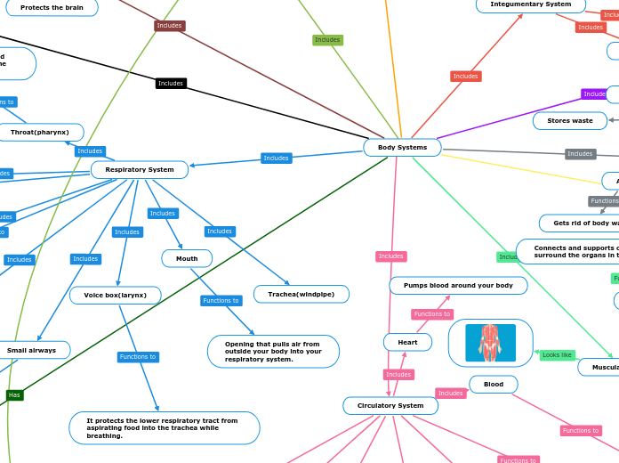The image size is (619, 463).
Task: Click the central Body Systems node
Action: [x=402, y=147]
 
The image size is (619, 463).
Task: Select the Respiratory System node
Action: [x=140, y=169]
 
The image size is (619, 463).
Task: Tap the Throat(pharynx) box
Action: [x=40, y=133]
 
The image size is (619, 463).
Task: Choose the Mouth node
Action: [x=187, y=258]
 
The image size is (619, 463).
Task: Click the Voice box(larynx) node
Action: [x=116, y=295]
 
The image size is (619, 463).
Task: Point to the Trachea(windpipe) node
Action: [x=301, y=294]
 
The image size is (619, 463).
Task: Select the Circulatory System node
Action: [x=390, y=405]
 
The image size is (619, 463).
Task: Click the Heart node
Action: [x=407, y=342]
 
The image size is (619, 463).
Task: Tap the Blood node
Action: [x=493, y=384]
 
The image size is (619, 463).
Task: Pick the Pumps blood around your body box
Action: [x=458, y=285]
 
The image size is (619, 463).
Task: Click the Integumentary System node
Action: [x=531, y=4]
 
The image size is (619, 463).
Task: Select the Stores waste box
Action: [x=570, y=120]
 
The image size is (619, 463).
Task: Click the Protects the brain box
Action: [x=51, y=7]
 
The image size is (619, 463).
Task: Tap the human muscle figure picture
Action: [x=490, y=343]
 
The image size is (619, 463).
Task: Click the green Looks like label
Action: [x=557, y=355]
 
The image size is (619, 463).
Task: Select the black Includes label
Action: [x=170, y=84]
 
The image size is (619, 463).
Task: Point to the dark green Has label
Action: [x=14, y=394]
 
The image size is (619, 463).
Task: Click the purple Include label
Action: [x=594, y=93]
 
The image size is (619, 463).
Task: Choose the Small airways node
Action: [x=33, y=350]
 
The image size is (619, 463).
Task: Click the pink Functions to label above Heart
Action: [x=432, y=314]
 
